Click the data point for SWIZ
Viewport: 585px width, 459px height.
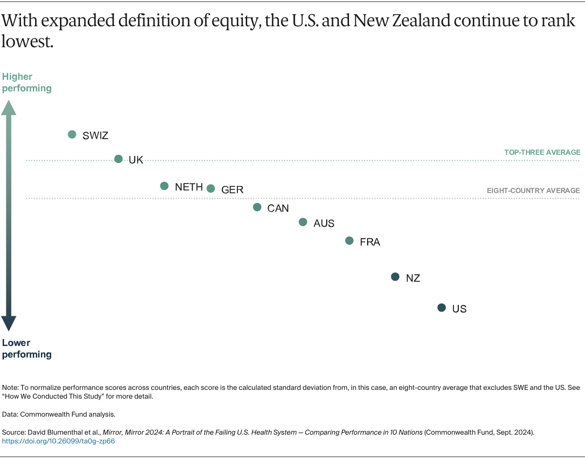click(x=72, y=134)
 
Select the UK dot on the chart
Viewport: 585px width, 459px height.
click(x=118, y=159)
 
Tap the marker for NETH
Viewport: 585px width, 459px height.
click(x=164, y=186)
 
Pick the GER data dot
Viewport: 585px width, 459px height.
click(x=211, y=188)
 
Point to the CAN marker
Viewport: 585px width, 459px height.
click(x=257, y=207)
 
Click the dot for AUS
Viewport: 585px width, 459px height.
click(x=303, y=222)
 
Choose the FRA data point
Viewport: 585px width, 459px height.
click(x=350, y=240)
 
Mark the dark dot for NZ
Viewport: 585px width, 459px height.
click(x=395, y=277)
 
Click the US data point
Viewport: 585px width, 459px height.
click(x=442, y=308)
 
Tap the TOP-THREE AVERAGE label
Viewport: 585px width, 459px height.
click(x=542, y=152)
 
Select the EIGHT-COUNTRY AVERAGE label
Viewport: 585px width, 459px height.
click(x=533, y=190)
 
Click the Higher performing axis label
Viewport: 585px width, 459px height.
click(x=27, y=82)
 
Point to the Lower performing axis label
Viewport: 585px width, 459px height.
click(x=27, y=349)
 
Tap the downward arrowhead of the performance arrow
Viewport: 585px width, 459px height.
click(x=9, y=323)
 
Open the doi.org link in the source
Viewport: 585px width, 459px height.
click(x=58, y=441)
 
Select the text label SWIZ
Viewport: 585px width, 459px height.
click(x=96, y=136)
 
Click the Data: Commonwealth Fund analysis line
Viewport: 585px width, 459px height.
click(x=58, y=414)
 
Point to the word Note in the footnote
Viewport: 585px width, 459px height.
click(x=10, y=387)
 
